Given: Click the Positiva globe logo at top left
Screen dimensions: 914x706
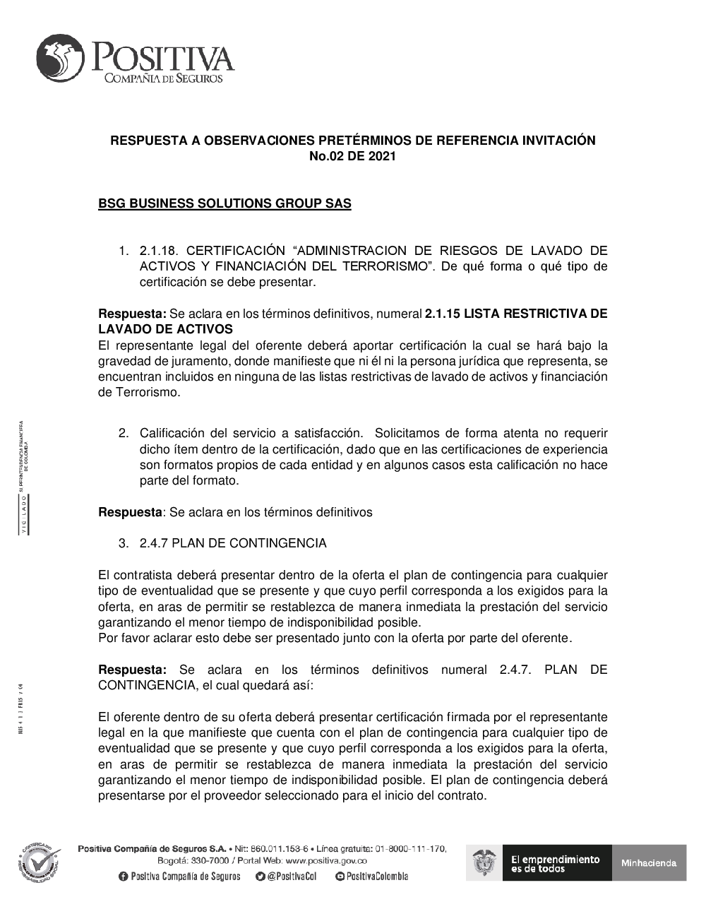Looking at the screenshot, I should (63, 57).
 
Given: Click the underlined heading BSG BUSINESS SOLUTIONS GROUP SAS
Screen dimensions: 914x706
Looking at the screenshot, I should (225, 204).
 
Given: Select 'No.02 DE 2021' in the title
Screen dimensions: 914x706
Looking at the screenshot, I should (352, 156).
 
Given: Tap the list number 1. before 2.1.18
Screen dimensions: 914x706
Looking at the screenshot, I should (124, 251).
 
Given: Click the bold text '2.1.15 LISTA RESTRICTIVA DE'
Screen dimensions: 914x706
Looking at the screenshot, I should (515, 314).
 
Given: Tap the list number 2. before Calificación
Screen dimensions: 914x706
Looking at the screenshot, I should (124, 433).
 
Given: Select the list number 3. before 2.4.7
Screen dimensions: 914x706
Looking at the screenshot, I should (124, 543).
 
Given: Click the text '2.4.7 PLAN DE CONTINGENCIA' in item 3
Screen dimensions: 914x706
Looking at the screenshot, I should (233, 543).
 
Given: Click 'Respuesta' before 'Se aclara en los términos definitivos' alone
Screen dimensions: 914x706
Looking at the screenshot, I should (130, 512).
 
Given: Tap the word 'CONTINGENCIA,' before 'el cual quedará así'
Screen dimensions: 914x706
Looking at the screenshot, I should (148, 685).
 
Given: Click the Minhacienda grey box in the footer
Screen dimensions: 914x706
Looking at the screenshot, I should (649, 862).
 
